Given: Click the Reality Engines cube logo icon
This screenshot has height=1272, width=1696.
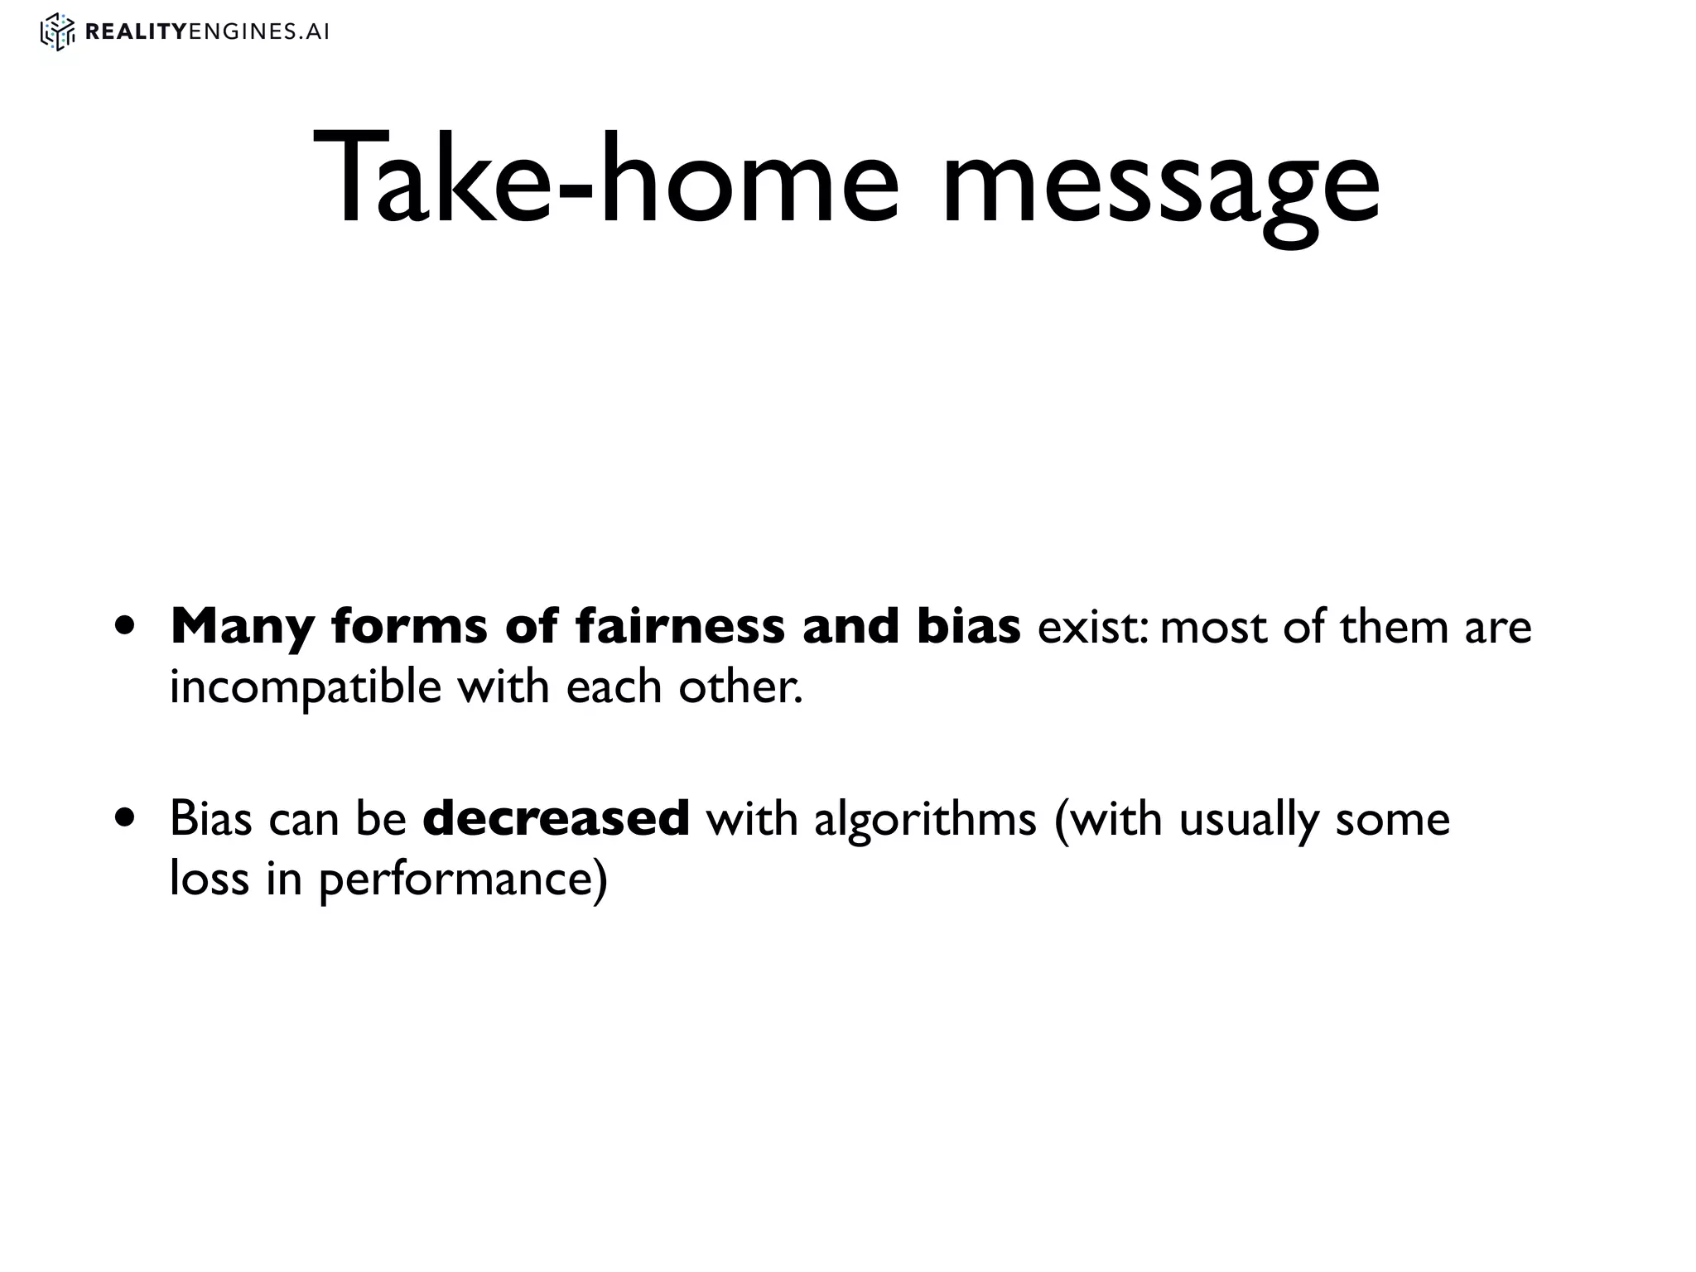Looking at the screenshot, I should (58, 32).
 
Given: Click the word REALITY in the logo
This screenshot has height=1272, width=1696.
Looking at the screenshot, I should (136, 32).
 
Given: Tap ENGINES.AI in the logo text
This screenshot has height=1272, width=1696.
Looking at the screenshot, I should (259, 32).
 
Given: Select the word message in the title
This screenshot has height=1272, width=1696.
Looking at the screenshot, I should (1160, 184).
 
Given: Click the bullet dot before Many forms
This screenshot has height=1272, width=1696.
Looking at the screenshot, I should (126, 627).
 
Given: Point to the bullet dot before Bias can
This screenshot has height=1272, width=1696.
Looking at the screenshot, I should (126, 819).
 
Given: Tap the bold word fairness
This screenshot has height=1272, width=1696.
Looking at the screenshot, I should (680, 626).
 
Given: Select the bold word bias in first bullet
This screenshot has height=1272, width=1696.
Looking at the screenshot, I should (969, 626).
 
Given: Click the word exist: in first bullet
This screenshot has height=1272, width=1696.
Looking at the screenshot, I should (1093, 627).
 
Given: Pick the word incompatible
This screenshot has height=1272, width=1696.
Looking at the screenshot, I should (306, 688).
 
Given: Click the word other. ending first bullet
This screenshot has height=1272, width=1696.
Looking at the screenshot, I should (740, 687).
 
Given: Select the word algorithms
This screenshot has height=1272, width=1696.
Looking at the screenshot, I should (925, 820).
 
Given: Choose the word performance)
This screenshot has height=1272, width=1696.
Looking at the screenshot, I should (464, 880).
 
